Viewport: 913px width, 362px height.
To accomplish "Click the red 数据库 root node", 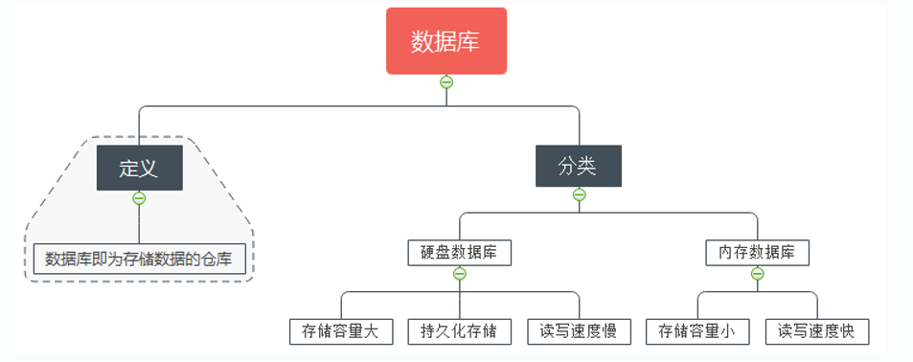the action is [x=446, y=41].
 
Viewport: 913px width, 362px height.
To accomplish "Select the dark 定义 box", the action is [x=140, y=168].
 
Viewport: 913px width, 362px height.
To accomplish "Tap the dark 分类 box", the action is [x=579, y=166].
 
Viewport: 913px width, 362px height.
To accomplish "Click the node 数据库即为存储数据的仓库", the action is [x=139, y=259].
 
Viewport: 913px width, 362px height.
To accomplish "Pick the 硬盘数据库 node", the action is [x=460, y=253].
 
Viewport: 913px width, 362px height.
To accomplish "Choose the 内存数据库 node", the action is [x=757, y=253].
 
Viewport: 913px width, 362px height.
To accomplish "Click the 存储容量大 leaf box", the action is [x=341, y=331].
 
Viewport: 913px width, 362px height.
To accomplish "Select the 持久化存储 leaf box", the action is [x=460, y=331].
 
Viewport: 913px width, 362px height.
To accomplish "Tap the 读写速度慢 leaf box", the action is [x=579, y=331].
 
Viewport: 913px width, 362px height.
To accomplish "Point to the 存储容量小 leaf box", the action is [x=697, y=331].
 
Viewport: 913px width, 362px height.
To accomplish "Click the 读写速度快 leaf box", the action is [x=817, y=331].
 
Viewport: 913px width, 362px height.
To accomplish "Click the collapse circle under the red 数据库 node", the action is [x=446, y=82].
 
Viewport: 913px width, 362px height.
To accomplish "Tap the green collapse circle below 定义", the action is [x=139, y=198].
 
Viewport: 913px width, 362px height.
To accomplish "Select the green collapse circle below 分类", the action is [x=579, y=194].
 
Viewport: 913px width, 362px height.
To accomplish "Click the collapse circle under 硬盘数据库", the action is [x=460, y=274].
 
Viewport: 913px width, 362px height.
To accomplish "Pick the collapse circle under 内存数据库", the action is [x=758, y=274].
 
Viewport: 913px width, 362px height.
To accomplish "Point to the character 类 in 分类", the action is [x=588, y=167].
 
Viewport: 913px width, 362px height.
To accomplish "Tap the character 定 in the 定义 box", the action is [x=129, y=169].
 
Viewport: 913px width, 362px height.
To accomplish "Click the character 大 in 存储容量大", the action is [x=371, y=331].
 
